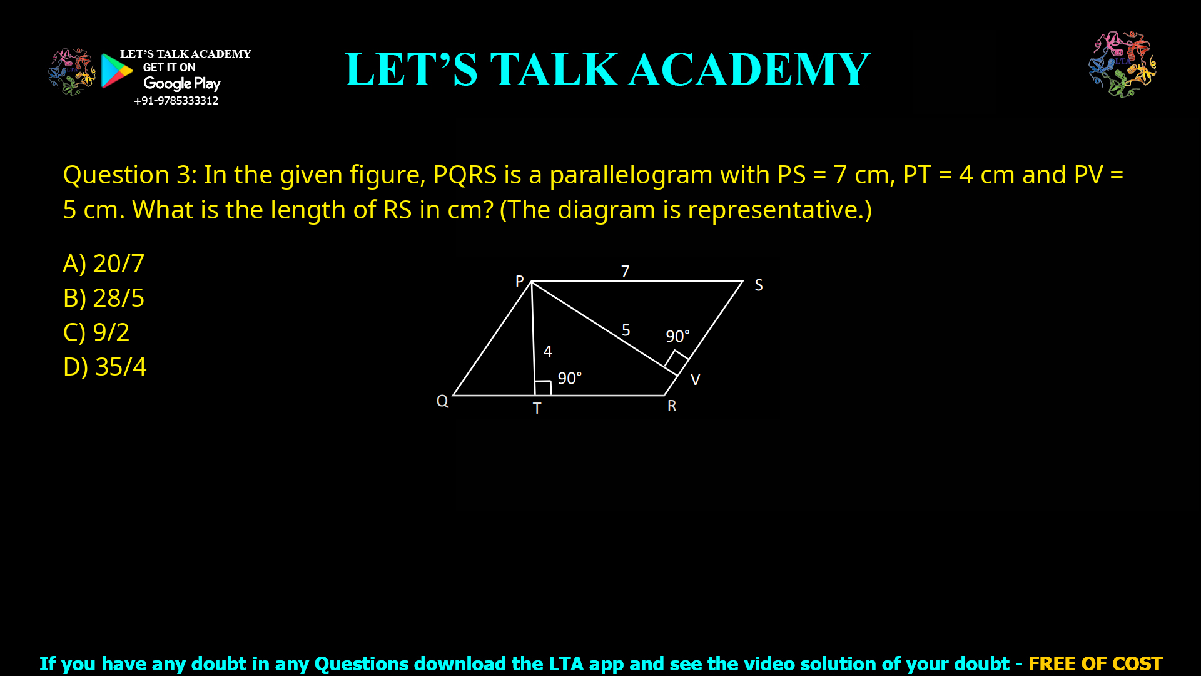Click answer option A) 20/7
coord(104,264)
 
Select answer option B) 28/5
coord(104,298)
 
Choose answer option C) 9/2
coord(96,332)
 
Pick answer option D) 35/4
coord(105,367)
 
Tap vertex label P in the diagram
coord(519,281)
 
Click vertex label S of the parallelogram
coord(758,285)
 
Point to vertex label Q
coord(442,401)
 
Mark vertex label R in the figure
coord(672,406)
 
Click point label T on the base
coord(537,409)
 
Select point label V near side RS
coord(695,379)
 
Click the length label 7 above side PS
coord(625,271)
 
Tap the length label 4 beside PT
coord(548,351)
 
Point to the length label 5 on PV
coord(626,330)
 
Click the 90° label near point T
coord(569,378)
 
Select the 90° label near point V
coord(677,336)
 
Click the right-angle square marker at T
coord(543,388)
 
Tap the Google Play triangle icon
coord(116,70)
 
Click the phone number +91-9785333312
coord(176,101)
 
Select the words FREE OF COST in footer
coord(1095,663)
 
